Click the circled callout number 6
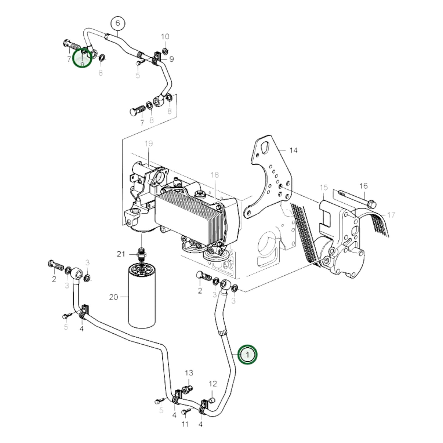click(x=118, y=23)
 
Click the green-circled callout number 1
click(x=248, y=354)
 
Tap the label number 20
click(x=113, y=297)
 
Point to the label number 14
click(x=293, y=150)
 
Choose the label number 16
click(x=363, y=186)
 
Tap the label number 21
click(x=121, y=254)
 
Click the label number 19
click(x=149, y=143)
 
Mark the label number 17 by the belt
click(x=391, y=215)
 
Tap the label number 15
click(x=324, y=187)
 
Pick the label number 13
click(x=189, y=373)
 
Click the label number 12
click(x=213, y=384)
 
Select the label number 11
click(x=185, y=424)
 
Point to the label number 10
click(x=165, y=36)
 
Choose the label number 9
click(x=171, y=59)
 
